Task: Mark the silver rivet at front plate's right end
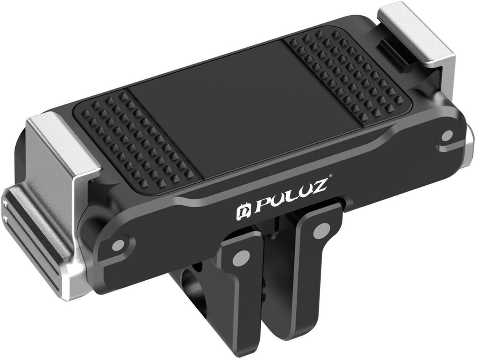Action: click(447, 136)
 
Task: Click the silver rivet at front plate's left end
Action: click(118, 245)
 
